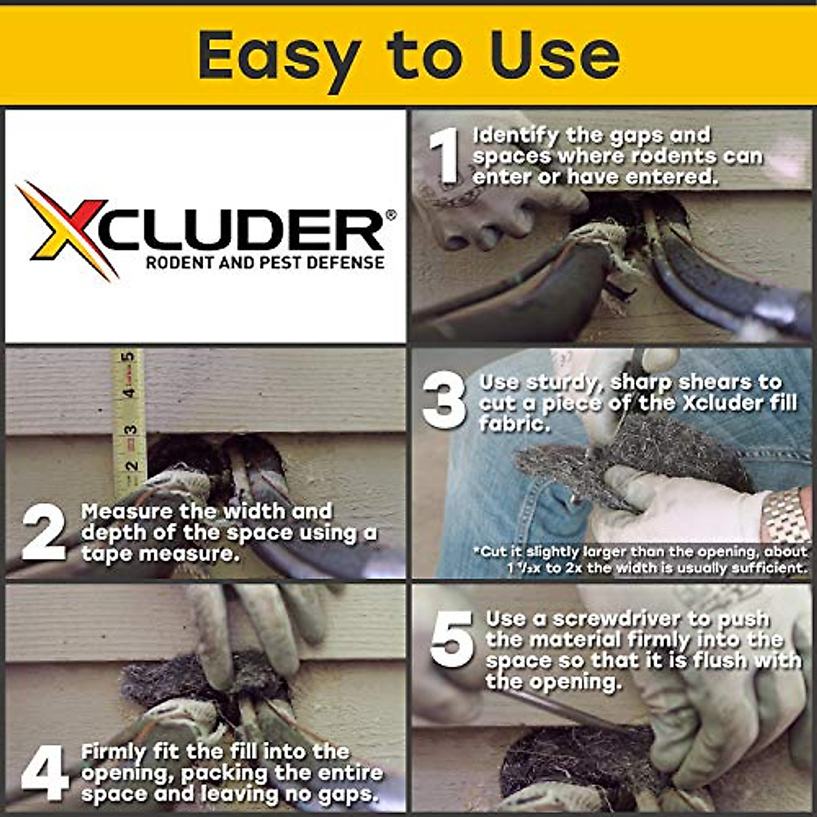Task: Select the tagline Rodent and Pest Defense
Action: pyautogui.click(x=265, y=262)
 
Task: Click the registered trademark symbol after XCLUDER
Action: pyautogui.click(x=390, y=215)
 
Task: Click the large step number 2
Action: pyautogui.click(x=44, y=533)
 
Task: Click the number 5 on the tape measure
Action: pyautogui.click(x=127, y=357)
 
